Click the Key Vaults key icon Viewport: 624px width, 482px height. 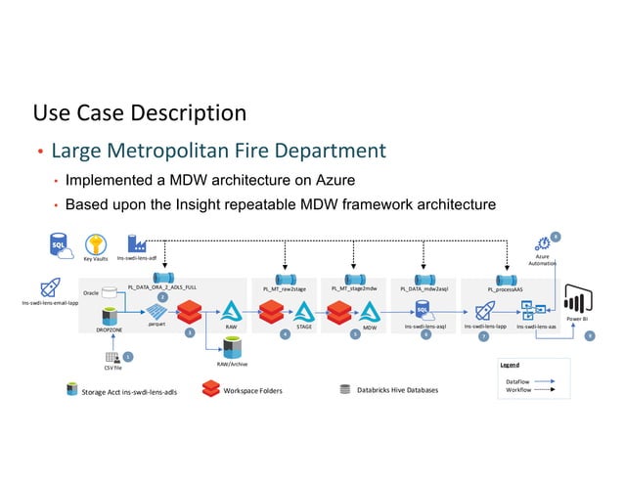click(x=95, y=244)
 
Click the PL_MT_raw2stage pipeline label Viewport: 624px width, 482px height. click(x=285, y=289)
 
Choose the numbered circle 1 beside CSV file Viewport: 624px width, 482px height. click(x=127, y=357)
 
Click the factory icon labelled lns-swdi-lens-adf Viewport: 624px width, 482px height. click(x=137, y=243)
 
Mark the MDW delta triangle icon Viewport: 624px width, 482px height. click(x=370, y=312)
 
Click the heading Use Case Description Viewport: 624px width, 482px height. click(x=140, y=113)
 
